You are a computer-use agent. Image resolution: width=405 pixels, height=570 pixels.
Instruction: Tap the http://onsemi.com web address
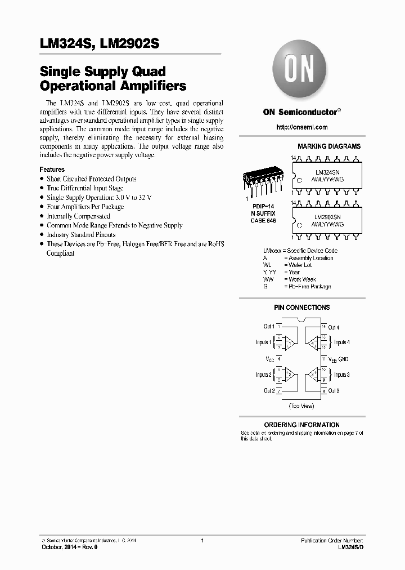click(x=301, y=127)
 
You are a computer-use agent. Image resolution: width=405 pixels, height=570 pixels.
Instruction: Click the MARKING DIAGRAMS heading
click(x=329, y=146)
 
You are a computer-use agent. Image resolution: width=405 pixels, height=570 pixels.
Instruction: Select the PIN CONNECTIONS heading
click(x=301, y=308)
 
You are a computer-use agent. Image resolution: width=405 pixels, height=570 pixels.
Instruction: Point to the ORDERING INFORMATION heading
click(x=301, y=425)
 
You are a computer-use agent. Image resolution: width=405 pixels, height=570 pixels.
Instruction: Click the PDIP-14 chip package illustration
click(x=260, y=181)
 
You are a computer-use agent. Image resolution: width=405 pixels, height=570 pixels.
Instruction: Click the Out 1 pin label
click(x=269, y=327)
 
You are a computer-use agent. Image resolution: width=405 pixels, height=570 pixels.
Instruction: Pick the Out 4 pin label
click(x=334, y=327)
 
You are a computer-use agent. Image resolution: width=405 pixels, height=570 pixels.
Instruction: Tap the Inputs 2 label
click(x=263, y=375)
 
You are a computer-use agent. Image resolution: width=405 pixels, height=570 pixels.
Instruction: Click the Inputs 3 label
click(x=341, y=375)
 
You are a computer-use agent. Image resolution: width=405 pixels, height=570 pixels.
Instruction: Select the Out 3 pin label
click(x=334, y=390)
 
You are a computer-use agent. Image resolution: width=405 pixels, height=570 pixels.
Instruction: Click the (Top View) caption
click(x=301, y=406)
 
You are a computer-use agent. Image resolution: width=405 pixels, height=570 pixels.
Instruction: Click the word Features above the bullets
click(x=52, y=170)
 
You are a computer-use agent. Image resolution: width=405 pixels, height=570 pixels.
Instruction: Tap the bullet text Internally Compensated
click(x=78, y=216)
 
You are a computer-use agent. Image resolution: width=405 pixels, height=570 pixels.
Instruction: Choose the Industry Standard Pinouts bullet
click(x=81, y=235)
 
